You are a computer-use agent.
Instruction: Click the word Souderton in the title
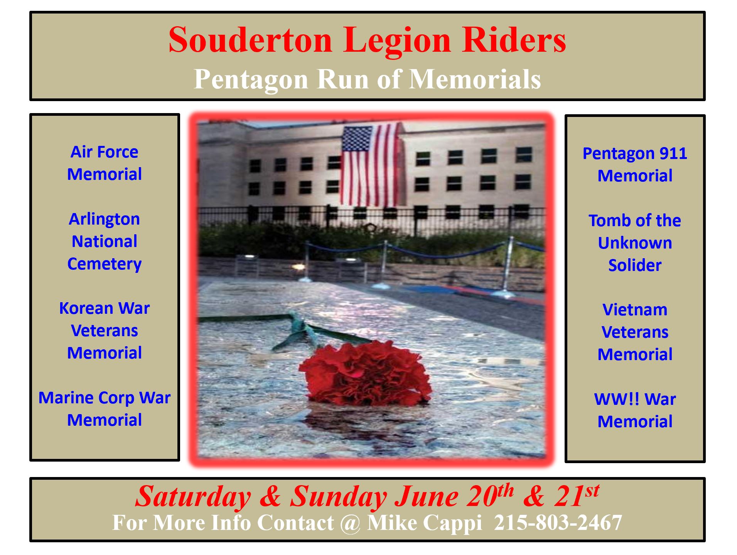[x=250, y=40]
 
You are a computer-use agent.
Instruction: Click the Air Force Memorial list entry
[x=105, y=163]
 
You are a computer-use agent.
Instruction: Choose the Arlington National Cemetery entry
[x=105, y=242]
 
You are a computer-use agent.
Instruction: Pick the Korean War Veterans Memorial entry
[x=105, y=330]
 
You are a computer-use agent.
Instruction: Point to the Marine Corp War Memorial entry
[x=105, y=409]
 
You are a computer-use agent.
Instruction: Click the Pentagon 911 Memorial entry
[x=635, y=164]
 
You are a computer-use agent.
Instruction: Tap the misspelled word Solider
[x=635, y=265]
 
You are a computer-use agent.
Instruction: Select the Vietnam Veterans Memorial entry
[x=635, y=332]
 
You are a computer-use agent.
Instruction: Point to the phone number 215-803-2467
[x=558, y=523]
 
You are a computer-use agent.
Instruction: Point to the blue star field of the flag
[x=356, y=139]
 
